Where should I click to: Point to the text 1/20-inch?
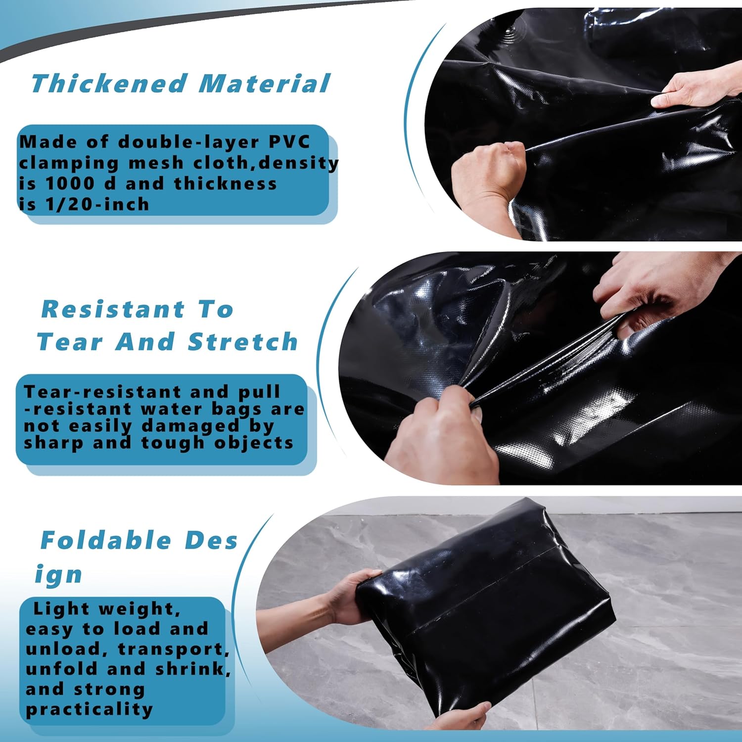click(97, 204)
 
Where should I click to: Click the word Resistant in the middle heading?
click(113, 310)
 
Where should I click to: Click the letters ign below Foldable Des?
click(58, 575)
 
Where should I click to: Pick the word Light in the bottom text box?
click(62, 609)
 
